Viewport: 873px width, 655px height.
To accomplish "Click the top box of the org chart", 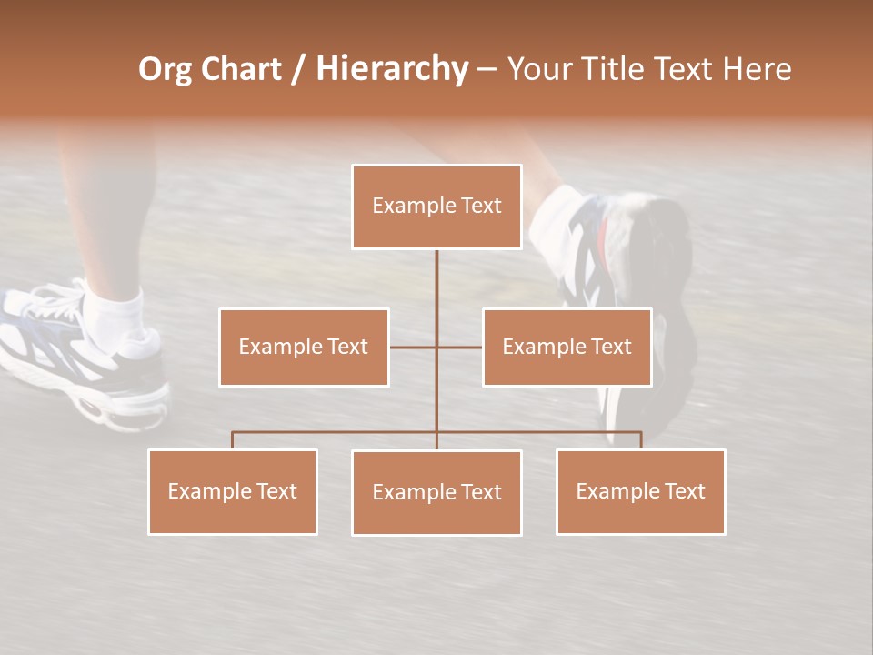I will (436, 207).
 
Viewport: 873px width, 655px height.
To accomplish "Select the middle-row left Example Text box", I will (304, 348).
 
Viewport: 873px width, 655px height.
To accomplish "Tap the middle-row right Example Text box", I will (567, 348).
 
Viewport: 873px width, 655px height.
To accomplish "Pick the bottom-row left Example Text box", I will (233, 491).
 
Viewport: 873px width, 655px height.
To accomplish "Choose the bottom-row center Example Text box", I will (436, 492).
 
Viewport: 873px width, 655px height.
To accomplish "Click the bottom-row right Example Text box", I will (640, 491).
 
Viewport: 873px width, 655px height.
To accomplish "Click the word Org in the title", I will (165, 70).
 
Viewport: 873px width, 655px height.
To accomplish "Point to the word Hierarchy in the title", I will (392, 70).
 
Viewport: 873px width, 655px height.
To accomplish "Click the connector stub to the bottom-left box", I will (233, 440).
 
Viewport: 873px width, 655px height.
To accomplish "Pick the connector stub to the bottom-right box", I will (640, 440).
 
